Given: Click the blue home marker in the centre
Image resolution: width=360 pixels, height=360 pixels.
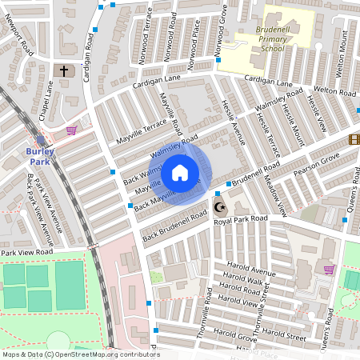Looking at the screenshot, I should coord(180,173).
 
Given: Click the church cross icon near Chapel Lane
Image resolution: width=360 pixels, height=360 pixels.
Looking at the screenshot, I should coord(65,71).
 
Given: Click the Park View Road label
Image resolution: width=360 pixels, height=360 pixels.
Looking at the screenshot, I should coord(26,252).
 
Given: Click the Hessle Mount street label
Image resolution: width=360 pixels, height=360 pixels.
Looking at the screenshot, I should coord(297,123).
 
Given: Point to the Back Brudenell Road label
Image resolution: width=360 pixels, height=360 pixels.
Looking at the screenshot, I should coord(171,227).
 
